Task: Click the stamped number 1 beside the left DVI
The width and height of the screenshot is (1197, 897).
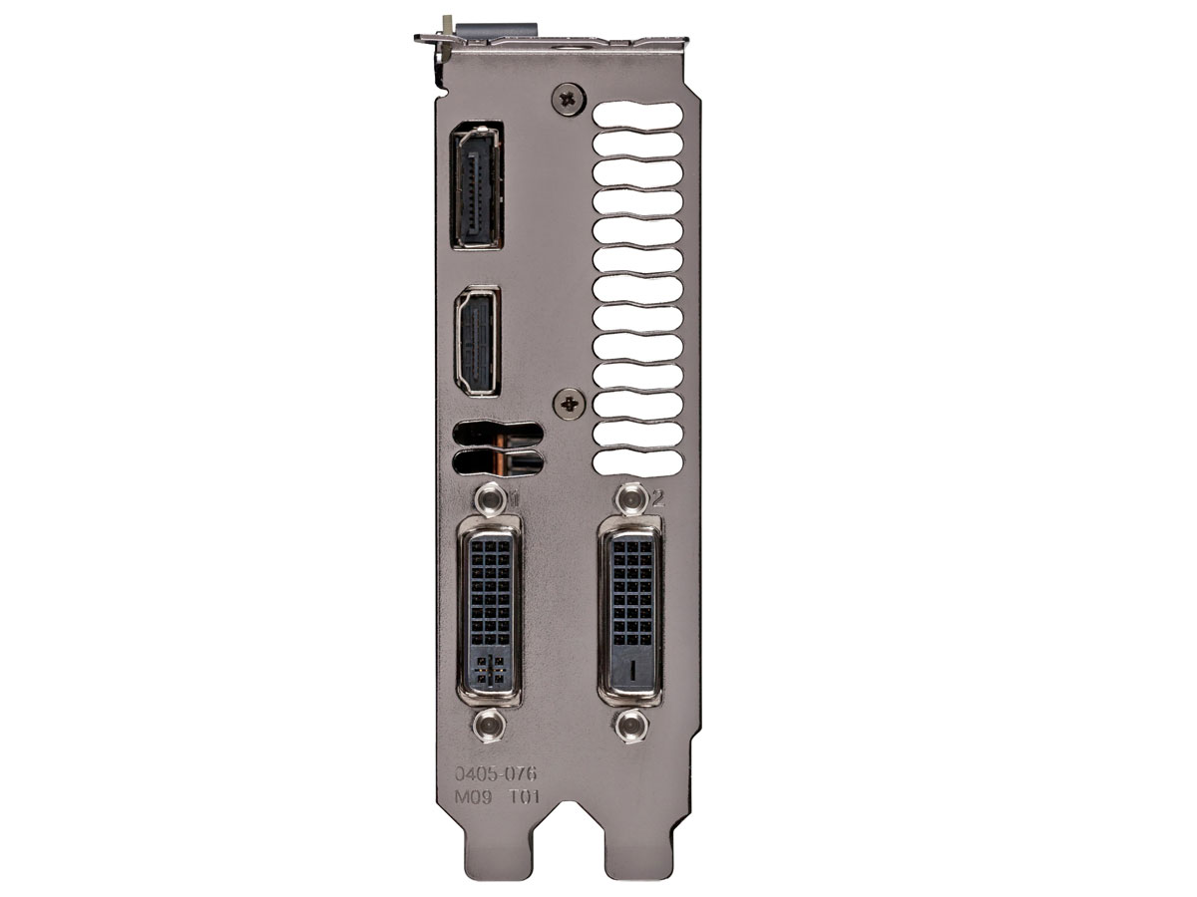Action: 514,497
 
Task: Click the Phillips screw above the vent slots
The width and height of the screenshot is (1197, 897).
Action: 570,98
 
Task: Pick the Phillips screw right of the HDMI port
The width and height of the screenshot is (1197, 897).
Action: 570,403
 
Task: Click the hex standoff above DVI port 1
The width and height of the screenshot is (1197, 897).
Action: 488,498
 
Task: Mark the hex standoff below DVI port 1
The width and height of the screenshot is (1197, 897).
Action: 488,724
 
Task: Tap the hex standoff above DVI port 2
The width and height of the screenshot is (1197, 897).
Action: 631,498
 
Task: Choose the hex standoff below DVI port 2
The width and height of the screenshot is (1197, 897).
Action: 631,726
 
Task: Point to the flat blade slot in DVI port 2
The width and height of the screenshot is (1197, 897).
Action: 631,669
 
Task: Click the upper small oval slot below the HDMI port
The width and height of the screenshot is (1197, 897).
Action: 499,435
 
